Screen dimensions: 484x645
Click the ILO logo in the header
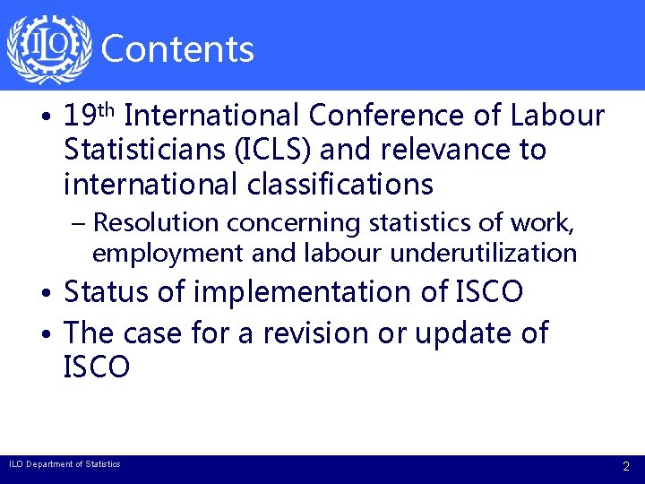coord(48,47)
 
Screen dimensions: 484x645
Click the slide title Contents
coord(178,49)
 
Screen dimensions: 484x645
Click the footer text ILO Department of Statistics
coord(64,464)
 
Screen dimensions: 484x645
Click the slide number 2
coord(626,466)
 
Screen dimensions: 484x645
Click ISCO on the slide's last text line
coord(97,367)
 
